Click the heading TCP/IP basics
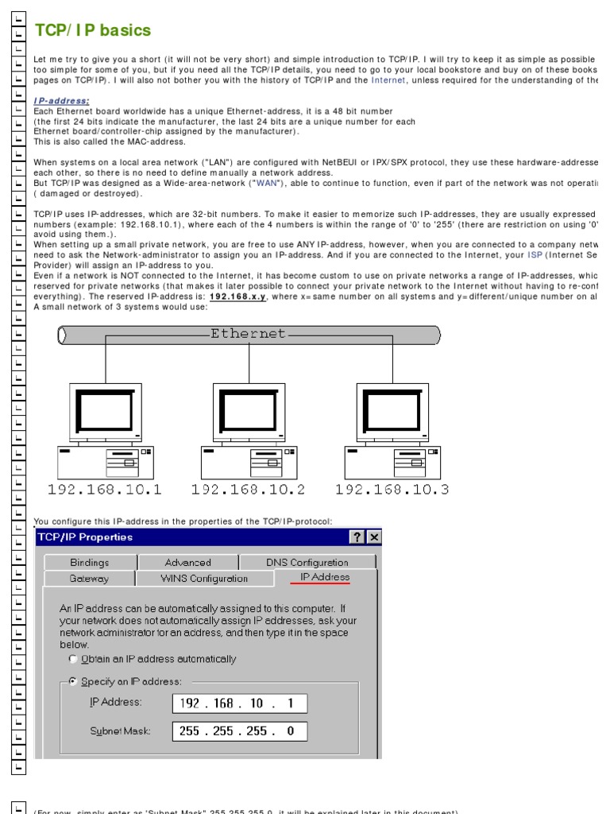(92, 31)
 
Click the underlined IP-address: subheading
(61, 101)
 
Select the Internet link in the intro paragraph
(388, 80)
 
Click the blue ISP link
(536, 255)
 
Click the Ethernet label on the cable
(248, 334)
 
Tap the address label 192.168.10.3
(392, 490)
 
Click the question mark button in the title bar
(358, 537)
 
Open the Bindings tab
(90, 562)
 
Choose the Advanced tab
(187, 562)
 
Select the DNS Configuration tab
(307, 562)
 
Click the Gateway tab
(89, 579)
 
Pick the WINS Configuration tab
(204, 579)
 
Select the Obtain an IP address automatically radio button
(74, 659)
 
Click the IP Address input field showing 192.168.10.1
(239, 704)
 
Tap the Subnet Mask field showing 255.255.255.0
(239, 731)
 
